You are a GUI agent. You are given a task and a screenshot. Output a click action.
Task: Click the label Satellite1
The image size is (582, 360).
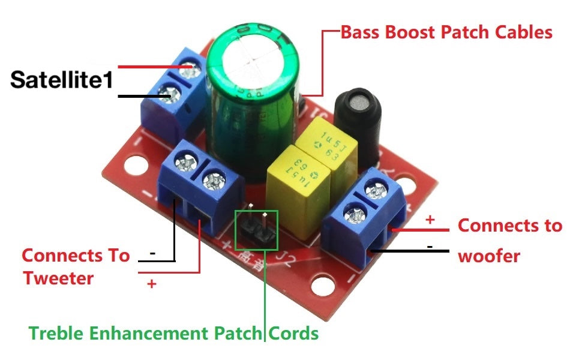pos(62,80)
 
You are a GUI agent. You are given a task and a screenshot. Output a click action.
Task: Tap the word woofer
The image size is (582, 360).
pos(488,256)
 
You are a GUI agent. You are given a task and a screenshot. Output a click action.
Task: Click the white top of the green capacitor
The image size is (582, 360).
pos(253,58)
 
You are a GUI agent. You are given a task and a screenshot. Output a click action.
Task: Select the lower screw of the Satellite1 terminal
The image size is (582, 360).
pos(166,92)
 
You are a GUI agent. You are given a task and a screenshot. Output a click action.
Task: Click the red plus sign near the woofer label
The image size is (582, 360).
pos(430,220)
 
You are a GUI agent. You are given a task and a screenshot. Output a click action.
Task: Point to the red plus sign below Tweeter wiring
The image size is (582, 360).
pos(151,284)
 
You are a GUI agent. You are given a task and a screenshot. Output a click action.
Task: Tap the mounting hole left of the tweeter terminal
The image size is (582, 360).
pos(138,166)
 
